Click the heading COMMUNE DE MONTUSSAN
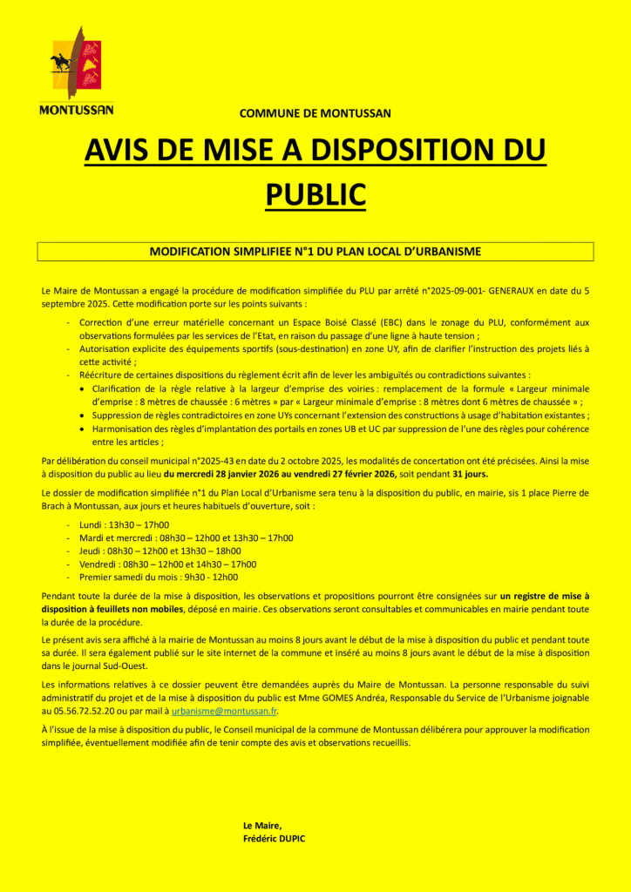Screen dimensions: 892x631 click(x=315, y=113)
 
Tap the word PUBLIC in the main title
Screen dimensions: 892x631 click(x=315, y=193)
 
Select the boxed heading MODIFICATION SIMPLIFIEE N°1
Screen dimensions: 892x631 click(x=315, y=251)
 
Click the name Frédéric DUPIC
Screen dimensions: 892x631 click(x=275, y=838)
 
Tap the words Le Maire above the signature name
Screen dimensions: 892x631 click(x=262, y=825)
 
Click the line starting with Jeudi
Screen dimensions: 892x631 click(x=160, y=551)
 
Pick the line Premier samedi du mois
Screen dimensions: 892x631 click(x=159, y=577)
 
